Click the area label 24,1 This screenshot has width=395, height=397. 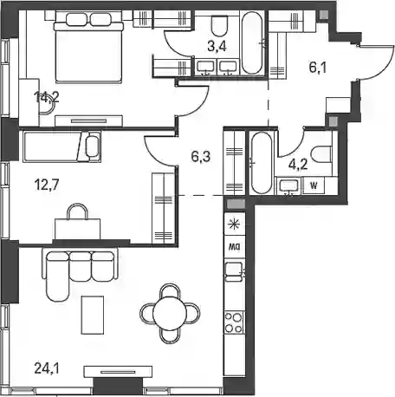[x=47, y=368]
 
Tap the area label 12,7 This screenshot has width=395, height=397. [x=47, y=185]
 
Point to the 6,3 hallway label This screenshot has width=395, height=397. [x=201, y=157]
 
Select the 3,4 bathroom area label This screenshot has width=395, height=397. [x=217, y=46]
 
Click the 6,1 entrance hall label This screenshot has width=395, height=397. [x=318, y=68]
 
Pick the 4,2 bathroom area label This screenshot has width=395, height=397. [x=298, y=165]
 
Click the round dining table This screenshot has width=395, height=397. [x=170, y=314]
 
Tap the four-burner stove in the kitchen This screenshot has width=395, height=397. [x=234, y=322]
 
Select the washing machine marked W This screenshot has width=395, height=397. [x=314, y=185]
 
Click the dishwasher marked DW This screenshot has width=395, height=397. [x=235, y=247]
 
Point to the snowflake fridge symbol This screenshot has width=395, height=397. [x=234, y=225]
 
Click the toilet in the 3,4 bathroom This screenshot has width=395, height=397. [x=219, y=25]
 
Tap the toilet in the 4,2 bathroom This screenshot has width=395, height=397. [x=322, y=154]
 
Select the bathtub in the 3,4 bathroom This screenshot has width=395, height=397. [x=252, y=42]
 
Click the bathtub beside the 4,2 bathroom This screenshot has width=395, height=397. [x=262, y=163]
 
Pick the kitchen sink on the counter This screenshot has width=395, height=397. [x=234, y=270]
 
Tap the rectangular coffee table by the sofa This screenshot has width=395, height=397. [x=93, y=315]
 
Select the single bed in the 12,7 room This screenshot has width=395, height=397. [x=62, y=146]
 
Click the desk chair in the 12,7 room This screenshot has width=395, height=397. [x=77, y=212]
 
